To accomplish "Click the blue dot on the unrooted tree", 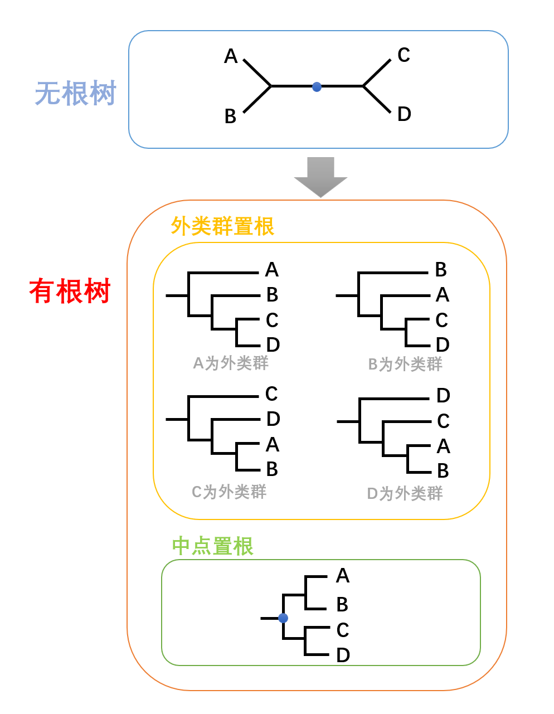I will click(317, 86).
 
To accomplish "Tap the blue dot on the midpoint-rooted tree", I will click(283, 618).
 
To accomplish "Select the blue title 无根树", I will click(75, 93).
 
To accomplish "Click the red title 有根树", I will click(70, 291).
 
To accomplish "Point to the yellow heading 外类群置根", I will click(222, 227).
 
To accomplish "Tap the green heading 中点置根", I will click(212, 546).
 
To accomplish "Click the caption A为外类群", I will click(230, 363).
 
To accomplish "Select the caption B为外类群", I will click(405, 365).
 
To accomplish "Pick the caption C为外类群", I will click(229, 492).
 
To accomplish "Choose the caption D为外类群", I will click(405, 494).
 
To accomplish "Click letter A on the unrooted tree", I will click(231, 56).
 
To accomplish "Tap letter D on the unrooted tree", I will click(404, 114).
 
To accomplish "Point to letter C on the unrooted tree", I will click(404, 55).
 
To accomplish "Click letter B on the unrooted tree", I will click(230, 116).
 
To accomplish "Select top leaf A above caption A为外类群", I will click(271, 270).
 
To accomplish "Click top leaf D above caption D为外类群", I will click(443, 396).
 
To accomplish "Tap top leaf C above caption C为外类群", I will click(271, 394).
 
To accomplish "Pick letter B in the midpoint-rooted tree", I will click(342, 604).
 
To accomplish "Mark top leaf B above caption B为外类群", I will click(441, 270).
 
